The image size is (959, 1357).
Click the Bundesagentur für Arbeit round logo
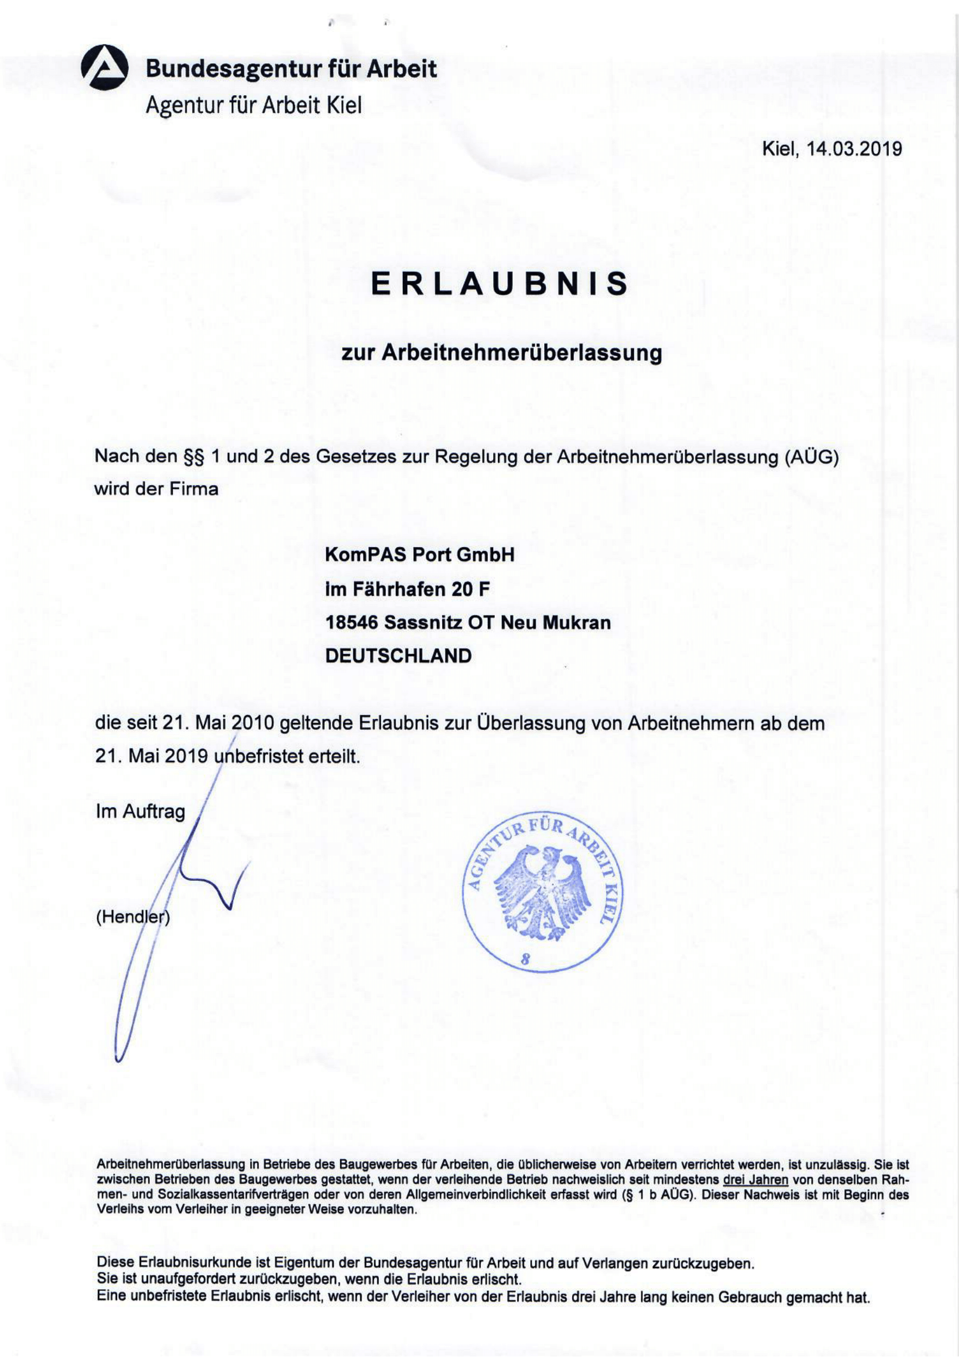point(104,67)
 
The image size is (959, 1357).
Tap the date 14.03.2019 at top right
point(855,149)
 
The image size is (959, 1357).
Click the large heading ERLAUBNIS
point(500,284)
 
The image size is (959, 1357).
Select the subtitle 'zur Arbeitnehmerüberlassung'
point(502,353)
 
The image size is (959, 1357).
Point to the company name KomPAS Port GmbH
point(419,555)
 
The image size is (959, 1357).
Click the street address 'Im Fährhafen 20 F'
point(407,589)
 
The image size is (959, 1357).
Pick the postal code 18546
point(352,623)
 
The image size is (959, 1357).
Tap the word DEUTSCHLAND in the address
point(398,656)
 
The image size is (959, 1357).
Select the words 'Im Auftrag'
point(140,812)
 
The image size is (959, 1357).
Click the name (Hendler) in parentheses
point(133,917)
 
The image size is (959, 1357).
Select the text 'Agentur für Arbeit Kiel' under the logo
point(254,106)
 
